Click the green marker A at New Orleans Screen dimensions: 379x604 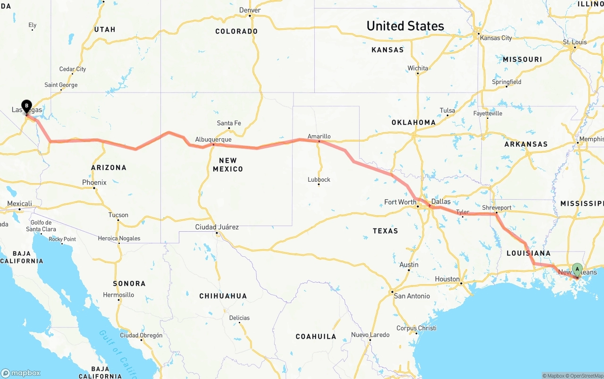(x=577, y=270)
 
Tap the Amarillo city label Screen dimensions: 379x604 (x=319, y=136)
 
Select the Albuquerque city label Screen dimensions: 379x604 (x=213, y=140)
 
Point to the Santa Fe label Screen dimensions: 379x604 (x=229, y=123)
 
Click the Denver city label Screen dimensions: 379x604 (x=250, y=10)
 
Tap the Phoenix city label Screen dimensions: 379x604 (x=94, y=183)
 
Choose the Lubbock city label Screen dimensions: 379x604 (x=319, y=180)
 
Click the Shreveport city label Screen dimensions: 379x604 (x=496, y=208)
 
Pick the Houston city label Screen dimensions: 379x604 (x=447, y=279)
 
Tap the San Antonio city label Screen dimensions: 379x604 (x=411, y=296)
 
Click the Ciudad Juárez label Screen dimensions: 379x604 (x=217, y=227)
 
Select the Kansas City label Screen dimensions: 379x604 (x=496, y=38)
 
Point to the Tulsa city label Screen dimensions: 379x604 (x=447, y=111)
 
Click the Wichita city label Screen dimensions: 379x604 (x=418, y=68)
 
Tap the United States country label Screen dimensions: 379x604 (x=405, y=26)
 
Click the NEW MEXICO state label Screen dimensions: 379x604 (x=228, y=165)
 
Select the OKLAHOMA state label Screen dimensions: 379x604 (x=413, y=122)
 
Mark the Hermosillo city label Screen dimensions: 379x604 (x=118, y=295)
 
